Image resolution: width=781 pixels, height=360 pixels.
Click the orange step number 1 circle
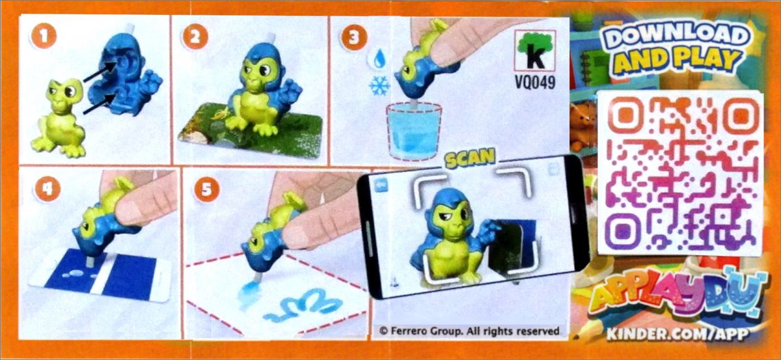[44, 36]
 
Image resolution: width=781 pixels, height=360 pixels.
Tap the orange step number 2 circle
[195, 36]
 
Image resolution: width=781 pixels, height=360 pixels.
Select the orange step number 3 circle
[354, 37]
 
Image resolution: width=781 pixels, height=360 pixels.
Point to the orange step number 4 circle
[47, 189]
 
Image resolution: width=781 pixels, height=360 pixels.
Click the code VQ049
[535, 83]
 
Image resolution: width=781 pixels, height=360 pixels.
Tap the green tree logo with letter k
[535, 51]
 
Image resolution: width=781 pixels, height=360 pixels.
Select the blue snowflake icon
[379, 85]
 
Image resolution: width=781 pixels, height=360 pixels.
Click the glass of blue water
[413, 131]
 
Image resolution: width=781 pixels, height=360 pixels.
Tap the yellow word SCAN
[470, 158]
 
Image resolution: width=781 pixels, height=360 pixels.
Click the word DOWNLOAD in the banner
[677, 36]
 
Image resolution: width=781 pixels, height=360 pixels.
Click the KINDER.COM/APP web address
[677, 334]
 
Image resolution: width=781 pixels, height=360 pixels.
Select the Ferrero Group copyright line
[469, 331]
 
